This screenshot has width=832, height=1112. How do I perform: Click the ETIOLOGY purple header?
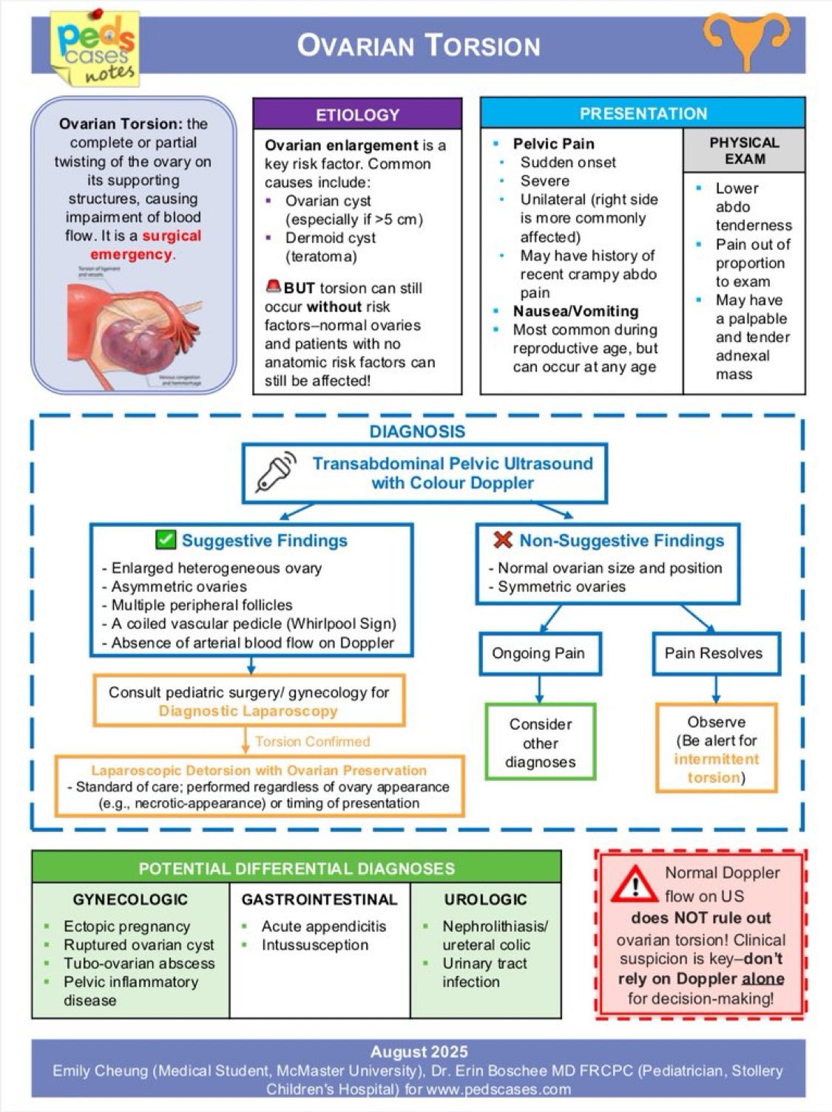357,115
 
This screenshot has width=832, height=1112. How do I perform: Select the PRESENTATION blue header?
643,113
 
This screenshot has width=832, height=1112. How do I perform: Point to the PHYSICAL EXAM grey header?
744,151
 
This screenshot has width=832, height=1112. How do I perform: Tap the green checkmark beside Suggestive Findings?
166,540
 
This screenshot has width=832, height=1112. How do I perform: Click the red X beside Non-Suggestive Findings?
502,540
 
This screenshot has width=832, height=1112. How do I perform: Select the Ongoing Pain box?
538,653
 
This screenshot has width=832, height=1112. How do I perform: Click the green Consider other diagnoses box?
540,743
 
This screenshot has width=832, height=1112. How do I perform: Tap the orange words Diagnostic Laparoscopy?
248,711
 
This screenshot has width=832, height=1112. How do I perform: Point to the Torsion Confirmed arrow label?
312,741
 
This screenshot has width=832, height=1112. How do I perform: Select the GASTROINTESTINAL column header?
319,899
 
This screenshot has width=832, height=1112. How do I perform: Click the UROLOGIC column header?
485,899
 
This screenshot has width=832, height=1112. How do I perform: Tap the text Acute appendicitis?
323,927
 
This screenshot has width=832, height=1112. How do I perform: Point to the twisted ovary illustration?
133,325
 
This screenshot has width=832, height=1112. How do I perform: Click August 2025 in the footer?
419,1052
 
